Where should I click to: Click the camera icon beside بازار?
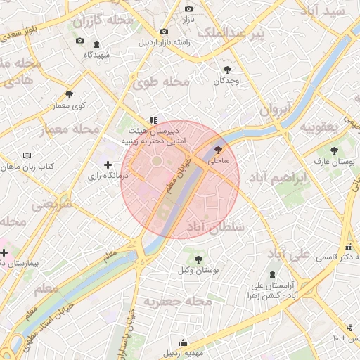tap(188, 8)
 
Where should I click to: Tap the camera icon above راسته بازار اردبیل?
tap(164, 31)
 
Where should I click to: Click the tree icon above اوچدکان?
tap(227, 70)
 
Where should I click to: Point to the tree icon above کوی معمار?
tap(69, 94)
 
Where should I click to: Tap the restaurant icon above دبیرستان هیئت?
tap(153, 120)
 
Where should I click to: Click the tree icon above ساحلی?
tap(218, 149)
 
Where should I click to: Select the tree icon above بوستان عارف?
tap(333, 150)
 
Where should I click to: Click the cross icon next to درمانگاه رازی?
tap(108, 165)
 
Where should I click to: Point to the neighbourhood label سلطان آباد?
tap(215, 226)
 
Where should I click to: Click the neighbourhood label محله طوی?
tap(162, 83)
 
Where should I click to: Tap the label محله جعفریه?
tap(178, 301)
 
